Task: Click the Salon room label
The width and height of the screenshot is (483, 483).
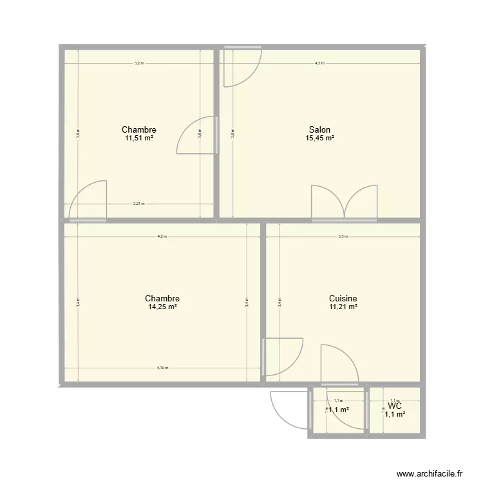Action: [320, 129]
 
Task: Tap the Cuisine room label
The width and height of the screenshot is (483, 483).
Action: [343, 299]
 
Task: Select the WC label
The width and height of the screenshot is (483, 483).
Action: [395, 406]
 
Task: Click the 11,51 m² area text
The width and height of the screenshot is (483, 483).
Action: [139, 138]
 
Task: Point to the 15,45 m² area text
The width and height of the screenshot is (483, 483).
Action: [320, 138]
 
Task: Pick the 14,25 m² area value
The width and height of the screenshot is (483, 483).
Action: [162, 307]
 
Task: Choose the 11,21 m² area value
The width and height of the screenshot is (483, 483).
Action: [343, 307]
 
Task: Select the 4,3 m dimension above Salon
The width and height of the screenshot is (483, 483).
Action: [319, 63]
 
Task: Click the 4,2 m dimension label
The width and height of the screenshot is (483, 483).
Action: [162, 236]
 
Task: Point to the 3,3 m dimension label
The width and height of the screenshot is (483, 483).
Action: [343, 236]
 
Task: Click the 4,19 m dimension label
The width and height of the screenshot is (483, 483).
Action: [162, 368]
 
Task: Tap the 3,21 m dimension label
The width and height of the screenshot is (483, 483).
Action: [138, 204]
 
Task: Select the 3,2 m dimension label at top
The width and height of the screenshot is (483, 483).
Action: [138, 63]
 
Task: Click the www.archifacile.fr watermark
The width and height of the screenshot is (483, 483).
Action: [430, 473]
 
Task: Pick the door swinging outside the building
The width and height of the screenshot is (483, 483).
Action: [288, 410]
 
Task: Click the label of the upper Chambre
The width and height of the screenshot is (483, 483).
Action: [139, 129]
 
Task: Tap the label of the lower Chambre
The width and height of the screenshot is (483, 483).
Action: [162, 299]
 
